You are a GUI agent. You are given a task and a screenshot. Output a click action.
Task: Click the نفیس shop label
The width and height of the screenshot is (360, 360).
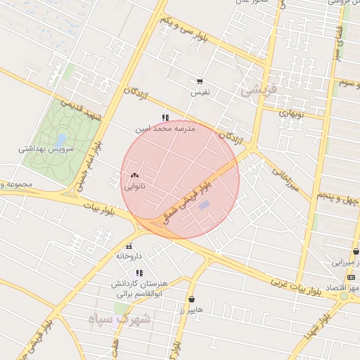point(200,92)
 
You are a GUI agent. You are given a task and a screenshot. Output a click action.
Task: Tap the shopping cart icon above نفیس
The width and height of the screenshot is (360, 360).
point(200,82)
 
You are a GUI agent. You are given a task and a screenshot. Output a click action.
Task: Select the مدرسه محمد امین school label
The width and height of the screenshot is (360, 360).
point(165,129)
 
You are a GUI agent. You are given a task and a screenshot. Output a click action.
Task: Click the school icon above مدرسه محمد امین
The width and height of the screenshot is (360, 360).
point(165,118)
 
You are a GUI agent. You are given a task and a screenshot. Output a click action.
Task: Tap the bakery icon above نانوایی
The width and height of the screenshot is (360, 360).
point(135,175)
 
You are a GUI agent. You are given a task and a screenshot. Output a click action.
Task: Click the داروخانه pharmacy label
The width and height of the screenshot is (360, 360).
point(129,257)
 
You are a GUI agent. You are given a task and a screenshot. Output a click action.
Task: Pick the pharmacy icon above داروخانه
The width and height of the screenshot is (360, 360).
point(129,246)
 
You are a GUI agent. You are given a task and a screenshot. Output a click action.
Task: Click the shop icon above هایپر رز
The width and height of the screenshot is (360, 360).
point(191,299)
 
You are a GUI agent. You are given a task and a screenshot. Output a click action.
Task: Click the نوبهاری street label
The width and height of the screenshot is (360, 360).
point(290,112)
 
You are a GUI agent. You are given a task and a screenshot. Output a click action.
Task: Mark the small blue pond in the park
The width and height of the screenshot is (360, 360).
point(61,139)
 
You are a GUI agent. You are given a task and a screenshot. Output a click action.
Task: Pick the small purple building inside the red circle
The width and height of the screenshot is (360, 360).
point(204,205)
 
